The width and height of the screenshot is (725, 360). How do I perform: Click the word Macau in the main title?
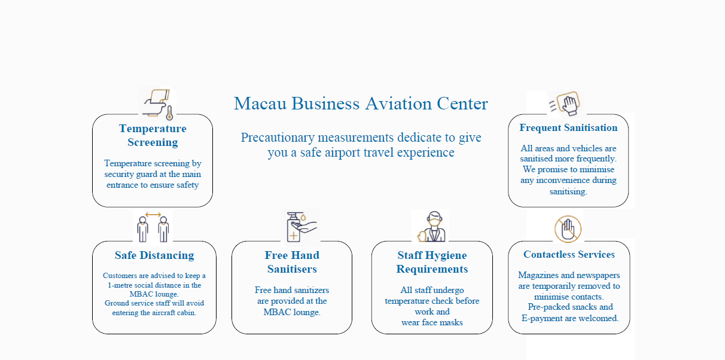pyautogui.click(x=260, y=103)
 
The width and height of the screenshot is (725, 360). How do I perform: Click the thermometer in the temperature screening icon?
pyautogui.click(x=170, y=112)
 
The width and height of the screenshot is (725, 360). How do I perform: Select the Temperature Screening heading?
pyautogui.click(x=153, y=135)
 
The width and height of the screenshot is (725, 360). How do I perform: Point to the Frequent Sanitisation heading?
pyautogui.click(x=568, y=128)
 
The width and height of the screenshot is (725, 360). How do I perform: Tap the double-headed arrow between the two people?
pyautogui.click(x=153, y=215)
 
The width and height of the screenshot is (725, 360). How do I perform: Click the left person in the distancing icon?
pyautogui.click(x=143, y=229)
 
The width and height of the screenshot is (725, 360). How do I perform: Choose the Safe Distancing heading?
pyautogui.click(x=154, y=255)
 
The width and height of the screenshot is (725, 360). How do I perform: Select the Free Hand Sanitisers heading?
pyautogui.click(x=292, y=262)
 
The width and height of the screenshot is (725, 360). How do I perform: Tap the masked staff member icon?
pyautogui.click(x=432, y=227)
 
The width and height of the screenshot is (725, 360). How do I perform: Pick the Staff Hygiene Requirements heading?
pyautogui.click(x=432, y=262)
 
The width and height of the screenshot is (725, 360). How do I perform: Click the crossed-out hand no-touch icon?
pyautogui.click(x=568, y=229)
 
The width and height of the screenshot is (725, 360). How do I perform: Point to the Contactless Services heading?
pyautogui.click(x=569, y=255)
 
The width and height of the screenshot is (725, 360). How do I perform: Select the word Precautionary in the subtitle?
pyautogui.click(x=278, y=138)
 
